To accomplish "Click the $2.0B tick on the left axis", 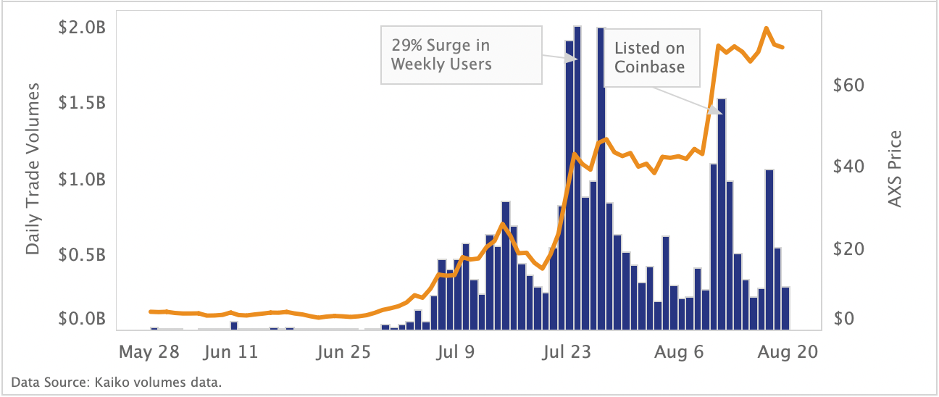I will point(81,28).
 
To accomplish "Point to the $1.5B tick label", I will point(81,104).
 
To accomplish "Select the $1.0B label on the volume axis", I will point(81,179).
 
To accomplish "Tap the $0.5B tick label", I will point(81,254).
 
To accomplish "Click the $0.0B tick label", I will point(81,319).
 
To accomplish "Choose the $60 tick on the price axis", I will point(849,85).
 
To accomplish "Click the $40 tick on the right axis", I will point(849,166).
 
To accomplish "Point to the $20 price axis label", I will point(849,248).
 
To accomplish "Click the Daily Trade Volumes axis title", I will point(33,169).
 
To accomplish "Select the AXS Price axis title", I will point(896,169).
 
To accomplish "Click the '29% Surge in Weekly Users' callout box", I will point(461,55).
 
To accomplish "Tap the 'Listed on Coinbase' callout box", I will point(651,58).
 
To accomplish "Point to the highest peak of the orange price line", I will point(767,28).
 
